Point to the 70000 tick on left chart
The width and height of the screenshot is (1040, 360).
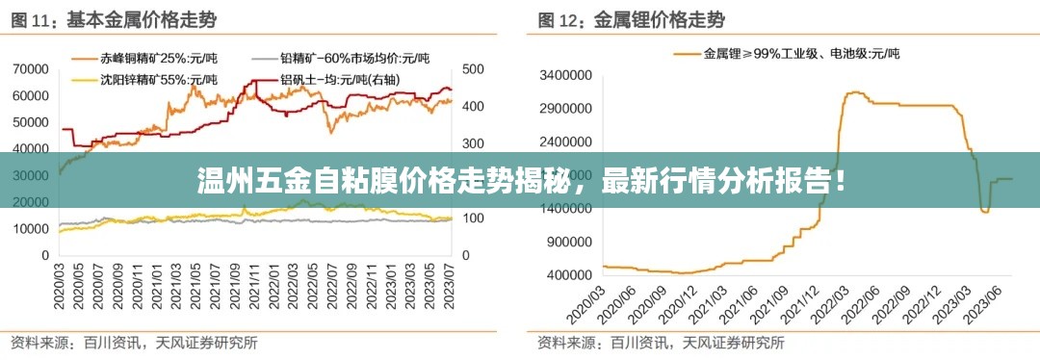tap(31, 69)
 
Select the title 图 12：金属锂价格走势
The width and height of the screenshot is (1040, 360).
tap(631, 19)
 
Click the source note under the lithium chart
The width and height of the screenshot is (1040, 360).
tap(660, 342)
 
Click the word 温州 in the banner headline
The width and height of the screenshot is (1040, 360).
tap(220, 180)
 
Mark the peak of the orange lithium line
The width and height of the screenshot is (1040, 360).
tap(854, 92)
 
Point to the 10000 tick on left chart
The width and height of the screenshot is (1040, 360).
tap(31, 229)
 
